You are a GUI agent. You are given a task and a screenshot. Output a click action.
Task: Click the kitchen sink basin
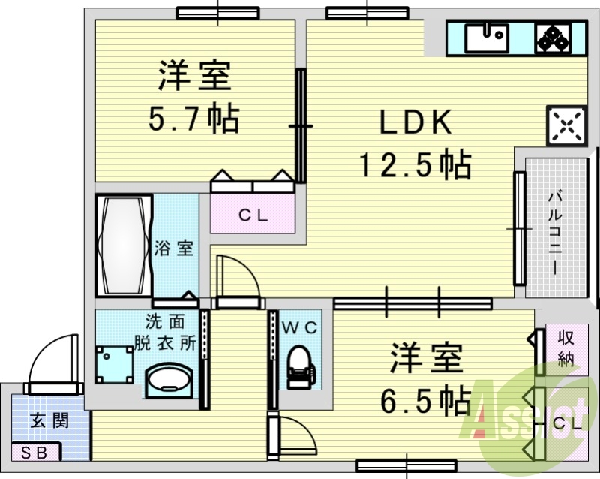click(487, 38)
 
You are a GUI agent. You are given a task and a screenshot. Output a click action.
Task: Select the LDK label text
click(415, 122)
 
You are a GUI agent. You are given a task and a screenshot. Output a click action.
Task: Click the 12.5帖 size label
click(415, 164)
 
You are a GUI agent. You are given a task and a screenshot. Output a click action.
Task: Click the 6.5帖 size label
click(425, 401)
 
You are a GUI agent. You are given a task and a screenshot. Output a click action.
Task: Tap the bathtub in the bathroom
click(123, 246)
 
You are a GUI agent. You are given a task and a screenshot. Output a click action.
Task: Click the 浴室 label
click(174, 249)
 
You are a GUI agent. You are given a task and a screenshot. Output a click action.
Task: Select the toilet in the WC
click(301, 366)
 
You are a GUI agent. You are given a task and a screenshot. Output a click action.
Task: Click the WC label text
click(300, 328)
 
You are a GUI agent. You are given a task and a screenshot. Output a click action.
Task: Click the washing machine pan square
click(115, 364)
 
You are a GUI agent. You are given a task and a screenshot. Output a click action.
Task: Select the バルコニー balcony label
click(555, 233)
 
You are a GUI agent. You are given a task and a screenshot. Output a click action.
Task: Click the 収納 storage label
click(566, 348)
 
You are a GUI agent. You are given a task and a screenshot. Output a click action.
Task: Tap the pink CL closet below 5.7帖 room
click(253, 213)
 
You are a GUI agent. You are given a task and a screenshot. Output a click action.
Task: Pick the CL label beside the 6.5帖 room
click(568, 424)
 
